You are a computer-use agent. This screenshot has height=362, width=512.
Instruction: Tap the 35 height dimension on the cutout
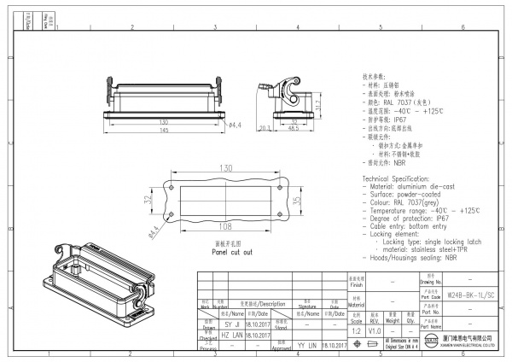tap(294, 201)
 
